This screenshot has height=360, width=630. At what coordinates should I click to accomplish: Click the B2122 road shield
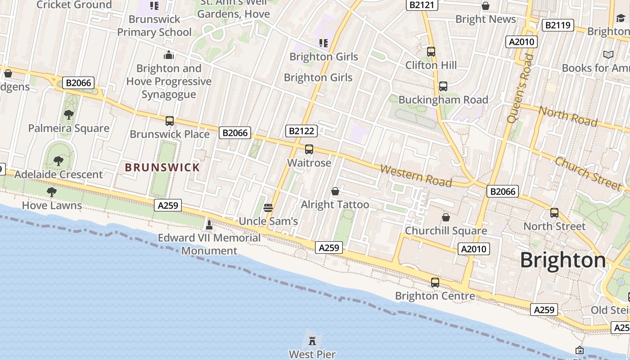tap(301, 131)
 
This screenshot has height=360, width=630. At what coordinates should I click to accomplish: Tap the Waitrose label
tap(309, 162)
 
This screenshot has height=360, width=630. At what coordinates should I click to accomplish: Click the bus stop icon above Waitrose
tap(309, 149)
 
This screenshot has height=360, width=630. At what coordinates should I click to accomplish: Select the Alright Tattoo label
tap(335, 205)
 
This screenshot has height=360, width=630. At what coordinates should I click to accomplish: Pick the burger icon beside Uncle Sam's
tap(268, 207)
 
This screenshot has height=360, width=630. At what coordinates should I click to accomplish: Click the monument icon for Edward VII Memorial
tap(209, 224)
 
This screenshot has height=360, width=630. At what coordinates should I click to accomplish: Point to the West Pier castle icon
tap(312, 340)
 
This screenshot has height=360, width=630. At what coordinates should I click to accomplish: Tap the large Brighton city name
tap(563, 260)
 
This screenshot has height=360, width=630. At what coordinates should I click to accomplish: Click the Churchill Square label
tap(446, 230)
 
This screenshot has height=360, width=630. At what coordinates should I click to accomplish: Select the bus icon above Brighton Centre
tap(435, 283)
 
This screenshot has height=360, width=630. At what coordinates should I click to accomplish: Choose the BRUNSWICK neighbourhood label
tap(162, 167)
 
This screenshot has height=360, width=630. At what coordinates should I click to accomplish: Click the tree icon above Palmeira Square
tap(68, 115)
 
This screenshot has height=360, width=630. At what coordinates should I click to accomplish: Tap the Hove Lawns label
tap(52, 206)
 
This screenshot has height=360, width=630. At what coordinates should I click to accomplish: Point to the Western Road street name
tap(416, 175)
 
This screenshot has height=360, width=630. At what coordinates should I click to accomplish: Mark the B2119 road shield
tap(558, 25)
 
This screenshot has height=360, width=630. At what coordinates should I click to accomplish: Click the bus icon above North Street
tap(554, 213)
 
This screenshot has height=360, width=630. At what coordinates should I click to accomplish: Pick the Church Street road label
tap(588, 173)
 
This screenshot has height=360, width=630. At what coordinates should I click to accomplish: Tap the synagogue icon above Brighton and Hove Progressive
tap(169, 55)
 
